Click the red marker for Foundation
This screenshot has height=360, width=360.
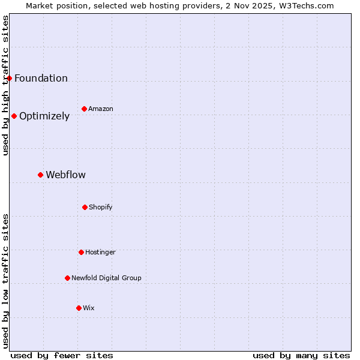(x=9, y=78)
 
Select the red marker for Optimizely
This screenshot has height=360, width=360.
(x=14, y=116)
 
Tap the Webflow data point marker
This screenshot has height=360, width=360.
(x=40, y=175)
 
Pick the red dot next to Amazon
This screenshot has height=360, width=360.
(x=84, y=109)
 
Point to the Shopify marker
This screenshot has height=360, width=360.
(x=85, y=207)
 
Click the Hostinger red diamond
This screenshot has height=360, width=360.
(x=81, y=252)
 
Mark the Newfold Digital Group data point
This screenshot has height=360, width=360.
(x=67, y=278)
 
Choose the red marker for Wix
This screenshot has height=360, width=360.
(x=79, y=308)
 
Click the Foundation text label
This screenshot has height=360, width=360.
(x=41, y=79)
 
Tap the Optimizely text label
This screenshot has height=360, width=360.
(x=44, y=116)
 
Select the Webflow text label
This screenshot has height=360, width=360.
(x=65, y=175)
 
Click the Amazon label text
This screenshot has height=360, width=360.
(x=101, y=109)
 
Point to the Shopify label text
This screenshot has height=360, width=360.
(x=101, y=208)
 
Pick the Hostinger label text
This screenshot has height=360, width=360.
(x=100, y=253)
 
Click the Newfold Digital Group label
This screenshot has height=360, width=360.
(x=106, y=278)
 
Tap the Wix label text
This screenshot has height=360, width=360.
(x=89, y=308)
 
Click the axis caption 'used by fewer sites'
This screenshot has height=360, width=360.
(x=62, y=355)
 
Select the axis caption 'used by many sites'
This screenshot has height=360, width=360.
(x=301, y=355)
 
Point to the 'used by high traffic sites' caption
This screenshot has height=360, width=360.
(x=5, y=85)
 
